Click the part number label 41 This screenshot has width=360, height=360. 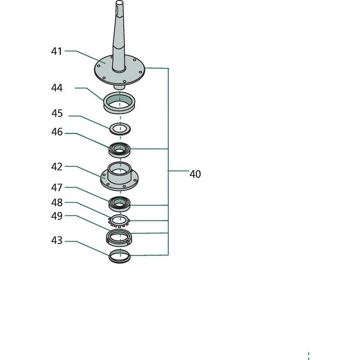[x=56, y=51]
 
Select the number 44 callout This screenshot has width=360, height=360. [x=57, y=88]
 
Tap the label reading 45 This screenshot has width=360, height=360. [x=57, y=113]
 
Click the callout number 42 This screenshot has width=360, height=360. [x=57, y=166]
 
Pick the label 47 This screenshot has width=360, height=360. [x=57, y=187]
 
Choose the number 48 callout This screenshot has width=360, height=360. [x=57, y=203]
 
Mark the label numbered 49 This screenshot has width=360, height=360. [x=57, y=216]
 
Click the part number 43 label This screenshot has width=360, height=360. [x=57, y=241]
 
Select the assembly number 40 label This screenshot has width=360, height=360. [x=195, y=174]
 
